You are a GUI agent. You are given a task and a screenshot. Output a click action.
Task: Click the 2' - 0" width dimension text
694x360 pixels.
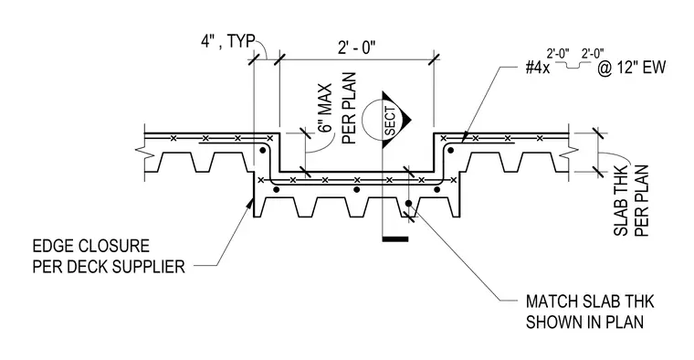pos(356,47)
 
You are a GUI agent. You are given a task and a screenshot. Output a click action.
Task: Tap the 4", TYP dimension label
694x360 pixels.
pos(228,41)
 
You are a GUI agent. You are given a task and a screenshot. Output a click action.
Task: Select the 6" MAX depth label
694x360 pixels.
pos(326,108)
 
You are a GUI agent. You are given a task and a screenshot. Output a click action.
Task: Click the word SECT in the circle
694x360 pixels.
pos(390,121)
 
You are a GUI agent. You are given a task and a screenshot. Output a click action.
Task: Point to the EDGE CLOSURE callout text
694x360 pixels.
pos(90,246)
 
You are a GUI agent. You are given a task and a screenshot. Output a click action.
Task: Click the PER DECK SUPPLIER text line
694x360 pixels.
pos(109,267)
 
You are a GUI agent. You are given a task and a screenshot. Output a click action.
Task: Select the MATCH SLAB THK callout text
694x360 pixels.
pos(590,302)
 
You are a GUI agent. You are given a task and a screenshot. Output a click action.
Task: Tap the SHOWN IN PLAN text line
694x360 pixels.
pos(584,322)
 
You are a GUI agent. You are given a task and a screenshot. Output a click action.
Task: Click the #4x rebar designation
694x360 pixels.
pos(537,68)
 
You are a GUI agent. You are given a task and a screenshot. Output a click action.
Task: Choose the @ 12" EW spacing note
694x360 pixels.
pos(632,68)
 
